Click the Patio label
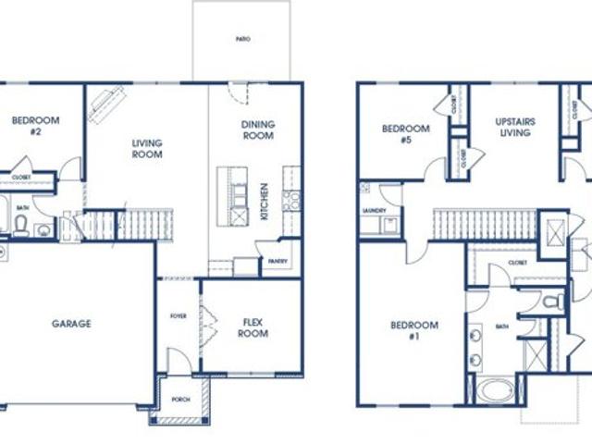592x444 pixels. (243, 39)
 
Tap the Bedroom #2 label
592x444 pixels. (35, 126)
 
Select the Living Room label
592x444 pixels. (147, 148)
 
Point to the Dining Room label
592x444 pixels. (257, 129)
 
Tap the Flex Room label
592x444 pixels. (253, 327)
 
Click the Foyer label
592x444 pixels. (179, 316)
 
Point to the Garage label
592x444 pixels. (71, 324)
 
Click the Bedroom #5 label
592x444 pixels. (405, 134)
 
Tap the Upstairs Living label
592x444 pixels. (515, 127)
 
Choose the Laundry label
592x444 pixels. (374, 211)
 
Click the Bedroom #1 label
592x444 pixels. (413, 330)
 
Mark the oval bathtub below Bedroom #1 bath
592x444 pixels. (499, 390)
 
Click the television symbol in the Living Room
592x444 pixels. (106, 103)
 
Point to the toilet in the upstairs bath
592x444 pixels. (553, 302)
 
